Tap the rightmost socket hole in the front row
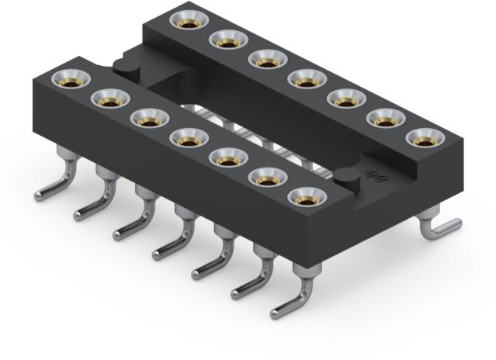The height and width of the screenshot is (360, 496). pos(306,198)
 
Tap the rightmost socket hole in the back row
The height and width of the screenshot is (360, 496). pos(424,140)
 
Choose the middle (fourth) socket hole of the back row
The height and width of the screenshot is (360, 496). pos(305,79)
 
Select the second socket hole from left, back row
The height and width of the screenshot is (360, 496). pos(227,40)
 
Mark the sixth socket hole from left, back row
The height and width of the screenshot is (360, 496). pos(384,119)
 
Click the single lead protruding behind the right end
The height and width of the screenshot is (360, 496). pos(441,227)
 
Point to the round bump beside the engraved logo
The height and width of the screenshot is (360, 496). pos(345,181)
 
